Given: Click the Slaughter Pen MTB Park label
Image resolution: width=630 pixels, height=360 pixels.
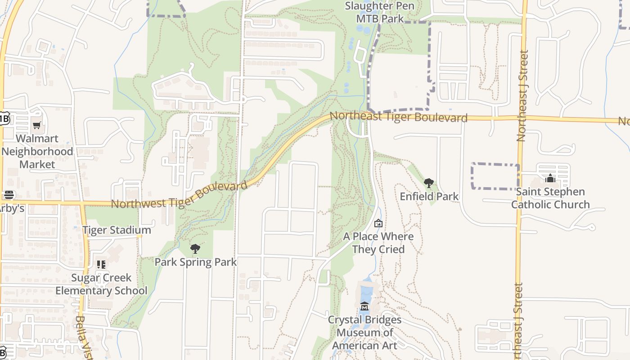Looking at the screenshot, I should click(x=380, y=12).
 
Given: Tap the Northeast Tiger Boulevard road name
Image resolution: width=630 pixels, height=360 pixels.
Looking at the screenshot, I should click(x=398, y=117).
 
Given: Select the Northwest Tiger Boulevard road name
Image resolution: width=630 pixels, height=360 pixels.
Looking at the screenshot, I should click(x=179, y=195).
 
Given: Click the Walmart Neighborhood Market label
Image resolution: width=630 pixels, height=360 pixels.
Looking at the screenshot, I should click(x=37, y=152).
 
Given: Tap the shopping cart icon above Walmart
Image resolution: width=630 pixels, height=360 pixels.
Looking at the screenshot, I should click(x=36, y=126).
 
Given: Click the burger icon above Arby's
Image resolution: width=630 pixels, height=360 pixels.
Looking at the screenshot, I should click(x=9, y=195).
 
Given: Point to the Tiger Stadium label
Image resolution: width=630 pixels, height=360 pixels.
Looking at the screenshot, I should click(x=117, y=230).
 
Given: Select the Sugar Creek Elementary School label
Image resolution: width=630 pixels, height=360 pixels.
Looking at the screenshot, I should click(x=101, y=284).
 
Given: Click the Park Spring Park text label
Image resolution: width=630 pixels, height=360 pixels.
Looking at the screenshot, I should click(x=195, y=262).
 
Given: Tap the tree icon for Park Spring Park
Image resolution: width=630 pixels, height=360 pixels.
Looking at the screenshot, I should click(x=195, y=249).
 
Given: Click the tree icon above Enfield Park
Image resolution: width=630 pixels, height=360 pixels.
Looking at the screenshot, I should click(x=429, y=183).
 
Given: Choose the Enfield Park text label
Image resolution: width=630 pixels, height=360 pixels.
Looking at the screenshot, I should click(x=429, y=197).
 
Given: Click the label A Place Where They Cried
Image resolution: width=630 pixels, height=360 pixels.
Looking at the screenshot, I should click(x=378, y=243).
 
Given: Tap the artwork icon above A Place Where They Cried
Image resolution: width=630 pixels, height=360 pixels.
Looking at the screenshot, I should click(x=378, y=223).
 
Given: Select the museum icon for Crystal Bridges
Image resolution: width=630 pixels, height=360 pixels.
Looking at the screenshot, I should click(x=364, y=307).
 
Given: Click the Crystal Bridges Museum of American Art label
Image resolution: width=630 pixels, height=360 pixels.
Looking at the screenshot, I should click(x=364, y=333).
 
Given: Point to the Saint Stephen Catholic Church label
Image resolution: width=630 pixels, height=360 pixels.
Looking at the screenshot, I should click(x=550, y=198).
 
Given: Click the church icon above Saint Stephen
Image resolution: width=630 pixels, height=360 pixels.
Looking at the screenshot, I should click(x=550, y=179).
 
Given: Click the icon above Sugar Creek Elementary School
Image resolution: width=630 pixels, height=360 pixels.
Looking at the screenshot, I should click(x=101, y=265).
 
